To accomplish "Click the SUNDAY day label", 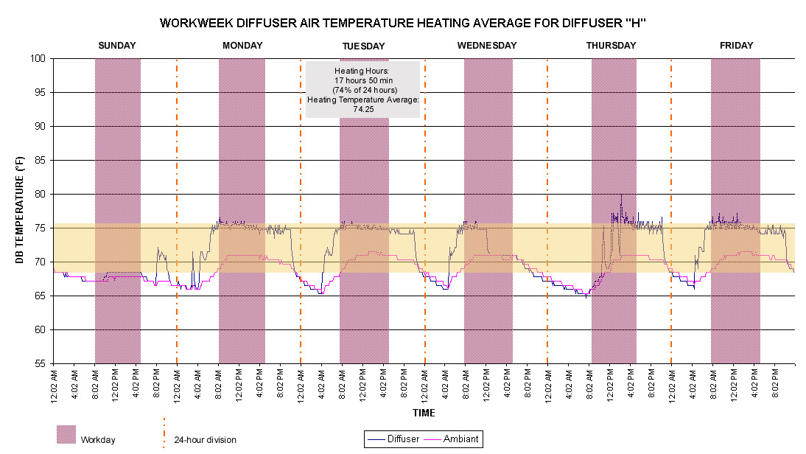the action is click(117, 45).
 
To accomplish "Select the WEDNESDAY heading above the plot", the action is click(487, 45).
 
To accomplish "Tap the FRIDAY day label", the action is click(736, 45).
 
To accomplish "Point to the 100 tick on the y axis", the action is click(38, 59).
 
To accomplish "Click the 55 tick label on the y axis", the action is click(40, 364).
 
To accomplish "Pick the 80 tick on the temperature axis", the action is click(40, 195).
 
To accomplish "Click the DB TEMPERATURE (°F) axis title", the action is click(20, 210).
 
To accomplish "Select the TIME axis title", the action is click(424, 413).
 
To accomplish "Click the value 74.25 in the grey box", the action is click(363, 110).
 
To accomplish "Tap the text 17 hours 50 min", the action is click(363, 80).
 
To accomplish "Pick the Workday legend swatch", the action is click(66, 434).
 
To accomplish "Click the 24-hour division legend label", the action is click(205, 440).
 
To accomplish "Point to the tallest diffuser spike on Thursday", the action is click(621, 195).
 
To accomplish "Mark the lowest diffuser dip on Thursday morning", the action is click(586, 297).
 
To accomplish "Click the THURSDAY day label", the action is click(611, 45).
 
